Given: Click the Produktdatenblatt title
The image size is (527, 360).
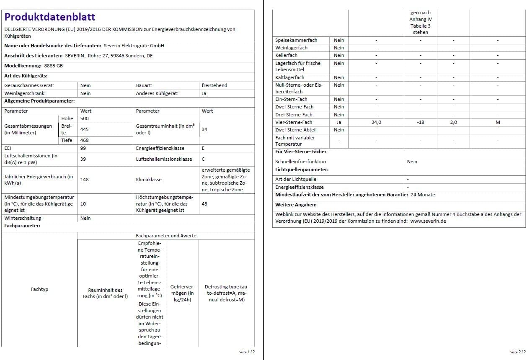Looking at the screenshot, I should pos(50,17).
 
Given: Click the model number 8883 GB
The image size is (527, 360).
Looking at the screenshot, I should pos(53,66).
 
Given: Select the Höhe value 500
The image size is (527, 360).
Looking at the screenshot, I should pos(85,118).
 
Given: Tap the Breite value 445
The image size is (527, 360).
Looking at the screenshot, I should pos(85,129).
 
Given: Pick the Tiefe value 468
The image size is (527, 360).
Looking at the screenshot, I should pos(85,140).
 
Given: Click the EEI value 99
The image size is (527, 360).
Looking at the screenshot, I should pos(83,148).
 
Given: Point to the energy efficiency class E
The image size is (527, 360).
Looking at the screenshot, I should pos(203,148).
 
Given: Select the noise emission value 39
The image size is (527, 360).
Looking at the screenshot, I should pos(83,159).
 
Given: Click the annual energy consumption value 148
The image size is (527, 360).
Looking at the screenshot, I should pos(85,180).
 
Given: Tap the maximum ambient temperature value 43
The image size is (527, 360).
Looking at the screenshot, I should pos(204,204).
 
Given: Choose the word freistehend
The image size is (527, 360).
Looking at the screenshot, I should pos(214,85).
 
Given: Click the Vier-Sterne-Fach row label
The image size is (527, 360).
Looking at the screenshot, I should pos(294,122).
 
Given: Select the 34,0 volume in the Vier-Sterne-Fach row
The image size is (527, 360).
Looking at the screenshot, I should pos(376,122).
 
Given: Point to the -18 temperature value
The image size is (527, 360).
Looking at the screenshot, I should pos(420,122).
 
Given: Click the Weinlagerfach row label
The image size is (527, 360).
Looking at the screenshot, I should pos(291,48).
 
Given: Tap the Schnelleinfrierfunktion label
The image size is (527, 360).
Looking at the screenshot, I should pos(300,162).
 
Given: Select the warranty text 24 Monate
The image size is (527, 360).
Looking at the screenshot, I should pos(423,195).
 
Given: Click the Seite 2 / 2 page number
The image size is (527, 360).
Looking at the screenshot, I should pos(517,352).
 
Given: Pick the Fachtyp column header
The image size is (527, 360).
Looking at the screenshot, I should pos(39,289).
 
